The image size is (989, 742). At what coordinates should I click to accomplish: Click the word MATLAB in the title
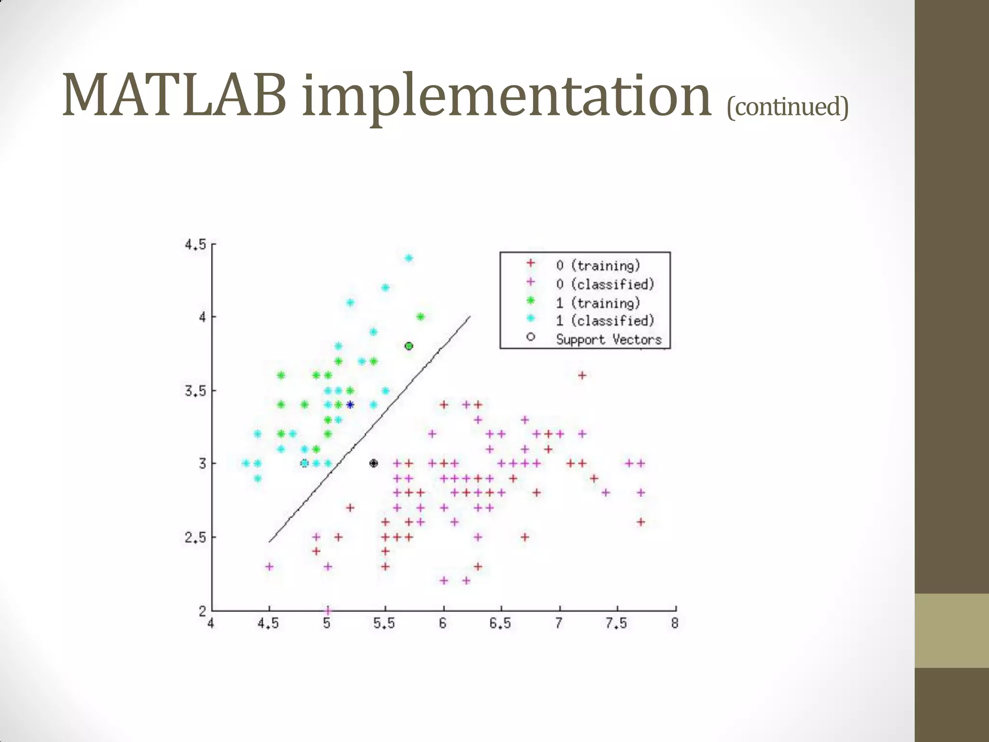point(174,95)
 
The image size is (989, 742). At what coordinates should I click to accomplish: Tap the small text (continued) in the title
point(787,107)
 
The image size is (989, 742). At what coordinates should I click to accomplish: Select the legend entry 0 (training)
point(598,265)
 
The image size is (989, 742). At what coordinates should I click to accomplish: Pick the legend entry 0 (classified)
point(605,284)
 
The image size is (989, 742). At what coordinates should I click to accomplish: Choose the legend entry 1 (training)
point(598,303)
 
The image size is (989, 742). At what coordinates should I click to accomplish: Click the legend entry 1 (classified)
point(605,321)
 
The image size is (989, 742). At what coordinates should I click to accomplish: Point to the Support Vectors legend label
point(608,339)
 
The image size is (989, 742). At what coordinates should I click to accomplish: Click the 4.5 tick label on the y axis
point(195,245)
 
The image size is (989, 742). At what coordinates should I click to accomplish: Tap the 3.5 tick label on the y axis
point(195,391)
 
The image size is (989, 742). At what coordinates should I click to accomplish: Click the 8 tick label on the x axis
point(675,624)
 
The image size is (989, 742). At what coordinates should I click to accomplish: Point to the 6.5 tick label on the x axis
point(500,624)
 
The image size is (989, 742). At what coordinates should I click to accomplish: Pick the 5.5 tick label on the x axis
point(384,624)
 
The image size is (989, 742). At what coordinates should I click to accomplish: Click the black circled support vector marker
point(373,463)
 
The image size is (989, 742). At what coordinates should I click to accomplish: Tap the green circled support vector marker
point(409,346)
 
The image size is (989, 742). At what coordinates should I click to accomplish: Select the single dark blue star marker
point(350,405)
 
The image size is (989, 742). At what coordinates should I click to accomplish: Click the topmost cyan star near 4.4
point(409,258)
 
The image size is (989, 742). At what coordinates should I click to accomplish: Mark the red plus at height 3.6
point(582,375)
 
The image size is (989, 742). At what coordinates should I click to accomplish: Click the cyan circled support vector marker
point(304,463)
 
